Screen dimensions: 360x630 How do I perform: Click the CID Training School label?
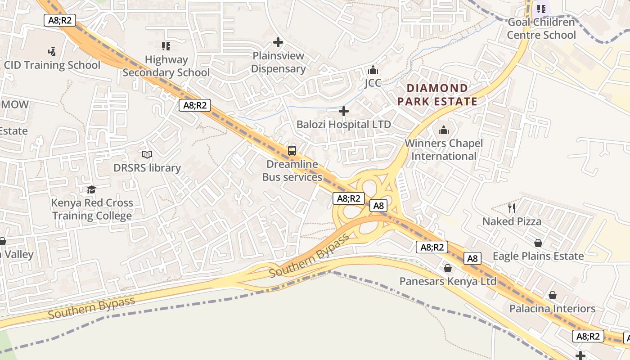52,65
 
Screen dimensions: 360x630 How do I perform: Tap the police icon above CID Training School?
52,51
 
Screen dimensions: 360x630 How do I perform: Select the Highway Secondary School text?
166,66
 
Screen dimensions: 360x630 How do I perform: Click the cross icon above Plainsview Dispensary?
278,43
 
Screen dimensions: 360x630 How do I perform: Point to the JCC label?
373,83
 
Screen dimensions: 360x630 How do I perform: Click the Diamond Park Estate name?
437,95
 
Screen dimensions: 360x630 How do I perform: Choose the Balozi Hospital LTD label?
344,124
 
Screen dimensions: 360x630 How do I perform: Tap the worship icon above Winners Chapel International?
444,130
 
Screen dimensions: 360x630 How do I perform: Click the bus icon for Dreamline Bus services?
292,151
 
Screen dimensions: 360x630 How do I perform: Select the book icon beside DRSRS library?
147,155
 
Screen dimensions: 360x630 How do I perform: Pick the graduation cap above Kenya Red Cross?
92,190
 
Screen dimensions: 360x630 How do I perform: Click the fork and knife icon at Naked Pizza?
512,208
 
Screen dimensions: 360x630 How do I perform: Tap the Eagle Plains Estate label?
538,256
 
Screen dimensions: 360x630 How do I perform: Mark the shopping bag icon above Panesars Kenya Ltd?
448,269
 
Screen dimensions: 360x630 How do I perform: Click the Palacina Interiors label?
552,309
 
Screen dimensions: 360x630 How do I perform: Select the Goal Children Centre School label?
541,29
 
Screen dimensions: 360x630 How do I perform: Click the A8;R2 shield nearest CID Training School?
60,20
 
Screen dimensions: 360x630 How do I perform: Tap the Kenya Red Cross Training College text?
92,209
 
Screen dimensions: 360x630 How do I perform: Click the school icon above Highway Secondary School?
166,46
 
